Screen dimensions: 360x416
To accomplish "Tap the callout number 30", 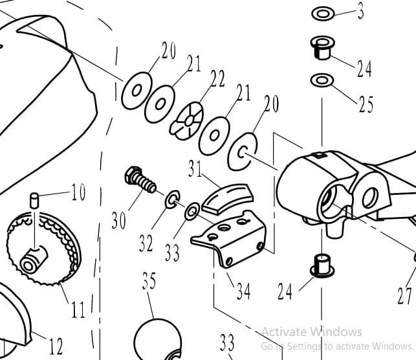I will [x=118, y=220].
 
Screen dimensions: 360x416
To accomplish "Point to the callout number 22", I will [x=217, y=80].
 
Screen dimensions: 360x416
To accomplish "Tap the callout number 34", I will [x=243, y=291].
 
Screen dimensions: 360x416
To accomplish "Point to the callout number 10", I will [x=78, y=194].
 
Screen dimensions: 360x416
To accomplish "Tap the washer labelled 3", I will [x=322, y=14].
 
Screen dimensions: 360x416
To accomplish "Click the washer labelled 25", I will [x=321, y=80].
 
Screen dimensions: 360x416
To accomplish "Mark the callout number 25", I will [x=366, y=104].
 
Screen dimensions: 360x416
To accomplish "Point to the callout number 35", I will [x=149, y=282].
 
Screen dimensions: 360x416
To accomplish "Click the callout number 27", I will [x=404, y=296].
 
